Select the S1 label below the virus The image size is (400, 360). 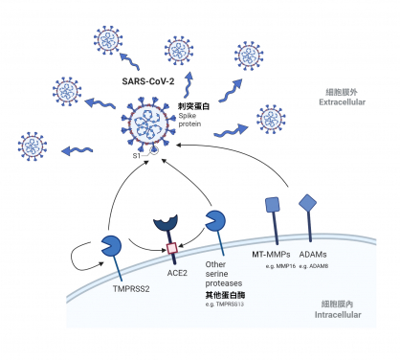pos(137,154)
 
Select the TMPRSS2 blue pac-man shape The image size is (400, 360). pos(113,250)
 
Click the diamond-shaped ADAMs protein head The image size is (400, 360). pos(309,203)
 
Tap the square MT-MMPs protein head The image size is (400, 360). pos(271,204)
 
